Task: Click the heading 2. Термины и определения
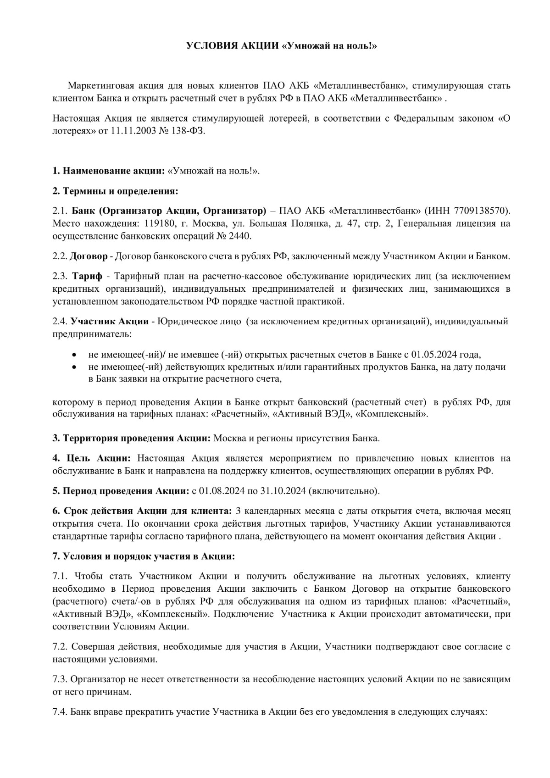click(115, 190)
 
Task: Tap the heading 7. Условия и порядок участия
click(144, 556)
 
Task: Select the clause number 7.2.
click(60, 647)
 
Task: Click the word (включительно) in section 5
click(344, 491)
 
